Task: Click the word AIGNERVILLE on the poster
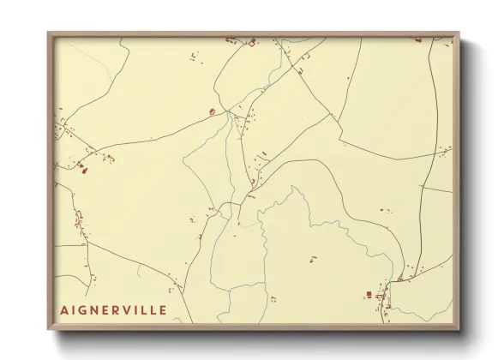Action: point(113,309)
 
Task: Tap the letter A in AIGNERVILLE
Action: point(64,309)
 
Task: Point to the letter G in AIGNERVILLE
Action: point(84,309)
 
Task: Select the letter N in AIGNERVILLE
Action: point(96,309)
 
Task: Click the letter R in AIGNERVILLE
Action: point(118,309)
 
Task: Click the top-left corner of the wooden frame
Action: point(48,33)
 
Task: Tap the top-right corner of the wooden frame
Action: point(459,33)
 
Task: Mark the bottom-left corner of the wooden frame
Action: point(48,330)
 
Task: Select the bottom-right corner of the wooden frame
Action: point(459,330)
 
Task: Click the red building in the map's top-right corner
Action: point(418,39)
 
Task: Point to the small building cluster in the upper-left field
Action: point(192,57)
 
